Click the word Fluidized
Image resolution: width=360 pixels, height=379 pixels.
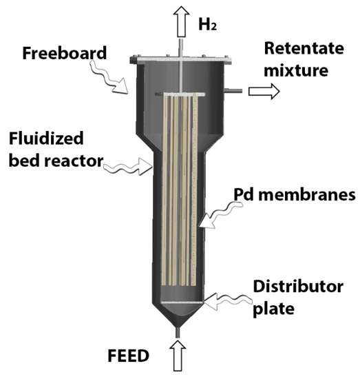click(46, 139)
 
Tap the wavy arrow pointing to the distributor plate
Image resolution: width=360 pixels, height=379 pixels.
click(227, 299)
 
